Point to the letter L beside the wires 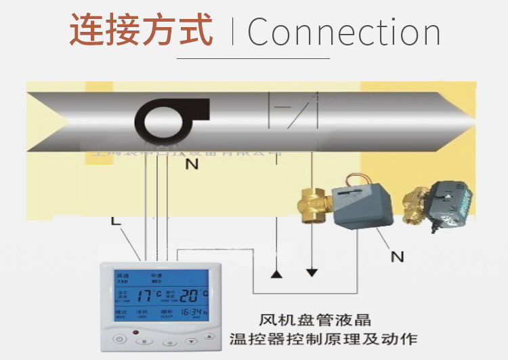tap(116, 221)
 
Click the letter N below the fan tap(192, 165)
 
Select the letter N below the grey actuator tap(397, 256)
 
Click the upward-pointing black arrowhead tap(276, 274)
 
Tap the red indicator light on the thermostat tap(135, 332)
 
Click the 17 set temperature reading tap(145, 296)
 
